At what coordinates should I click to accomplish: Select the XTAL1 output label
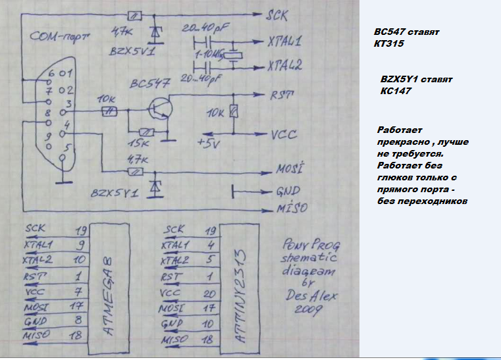point(284,42)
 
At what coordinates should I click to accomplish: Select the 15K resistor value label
point(140,143)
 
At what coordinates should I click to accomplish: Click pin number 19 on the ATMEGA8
point(82,231)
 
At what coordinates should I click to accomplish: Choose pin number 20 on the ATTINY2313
point(210,293)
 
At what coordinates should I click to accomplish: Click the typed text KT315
point(388,44)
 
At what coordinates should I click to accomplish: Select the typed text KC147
point(396,91)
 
